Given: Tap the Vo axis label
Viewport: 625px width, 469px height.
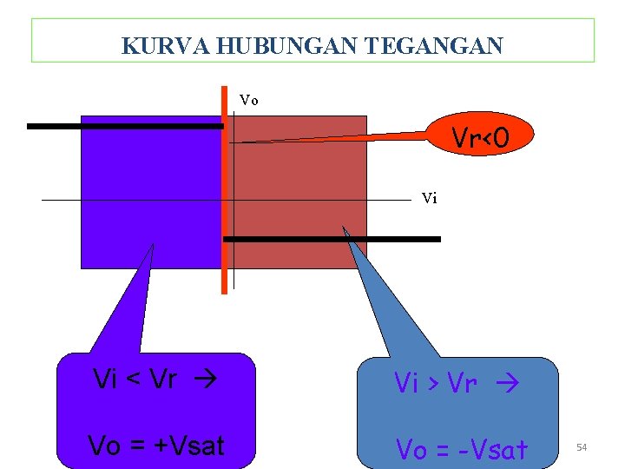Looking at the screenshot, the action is pyautogui.click(x=249, y=101).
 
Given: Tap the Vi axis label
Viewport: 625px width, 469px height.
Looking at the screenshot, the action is pyautogui.click(x=429, y=199).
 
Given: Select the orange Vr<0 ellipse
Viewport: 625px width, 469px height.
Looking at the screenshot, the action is pyautogui.click(x=479, y=135).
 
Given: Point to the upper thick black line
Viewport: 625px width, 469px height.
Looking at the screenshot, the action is pyautogui.click(x=125, y=126).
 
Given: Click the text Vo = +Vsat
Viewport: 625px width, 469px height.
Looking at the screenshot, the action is pyautogui.click(x=156, y=446).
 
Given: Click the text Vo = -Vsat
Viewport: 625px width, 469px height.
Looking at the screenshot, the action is pyautogui.click(x=462, y=450).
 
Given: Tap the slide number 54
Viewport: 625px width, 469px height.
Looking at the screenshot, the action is pyautogui.click(x=582, y=446).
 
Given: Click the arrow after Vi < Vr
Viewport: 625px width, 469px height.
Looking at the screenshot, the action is pyautogui.click(x=209, y=380).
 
